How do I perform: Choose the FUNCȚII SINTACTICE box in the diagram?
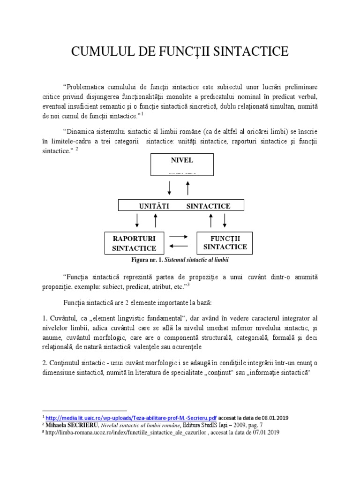(x=225, y=243)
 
